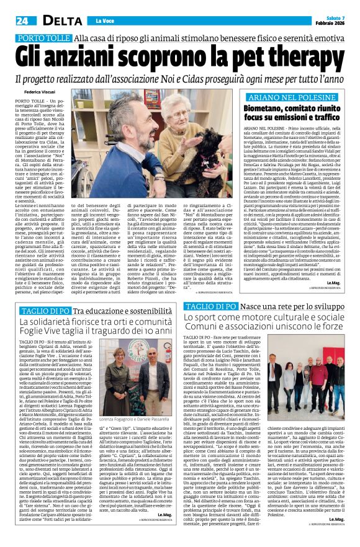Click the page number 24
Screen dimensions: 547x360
coord(22,20)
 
